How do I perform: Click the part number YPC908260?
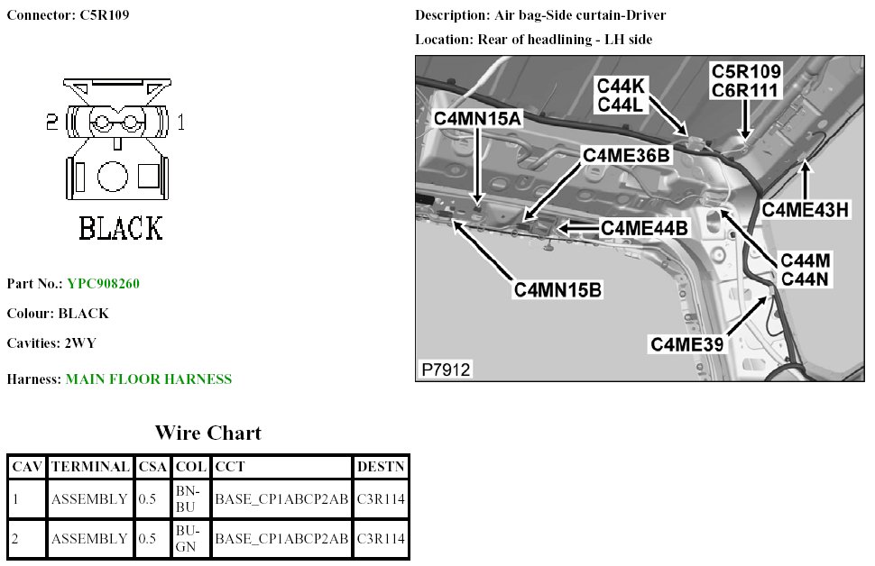(103, 284)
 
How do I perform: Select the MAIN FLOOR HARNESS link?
(148, 379)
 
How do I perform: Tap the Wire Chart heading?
(207, 434)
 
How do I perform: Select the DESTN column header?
(381, 467)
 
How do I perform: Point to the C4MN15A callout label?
(477, 118)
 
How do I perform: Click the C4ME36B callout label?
(627, 155)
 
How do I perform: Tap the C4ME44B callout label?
(644, 229)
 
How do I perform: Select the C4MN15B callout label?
(557, 290)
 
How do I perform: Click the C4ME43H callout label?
(806, 209)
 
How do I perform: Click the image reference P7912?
(446, 370)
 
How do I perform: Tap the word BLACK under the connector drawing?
(121, 228)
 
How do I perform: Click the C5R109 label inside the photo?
(746, 71)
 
